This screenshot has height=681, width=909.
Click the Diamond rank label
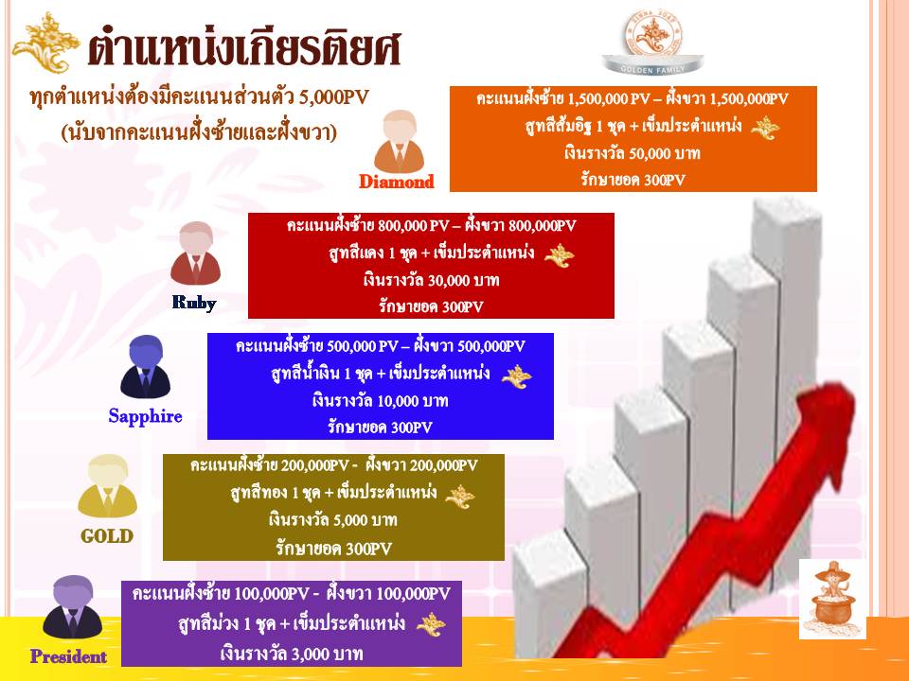tap(397, 182)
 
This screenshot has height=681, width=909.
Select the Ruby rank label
tap(194, 303)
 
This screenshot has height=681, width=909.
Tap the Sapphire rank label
tap(145, 416)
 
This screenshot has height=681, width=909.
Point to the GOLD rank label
tap(107, 536)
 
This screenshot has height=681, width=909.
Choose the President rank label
tap(68, 656)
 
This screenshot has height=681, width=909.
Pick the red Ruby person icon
tap(195, 253)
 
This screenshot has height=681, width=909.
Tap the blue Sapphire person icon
tap(145, 367)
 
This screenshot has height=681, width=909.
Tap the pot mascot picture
tap(832, 599)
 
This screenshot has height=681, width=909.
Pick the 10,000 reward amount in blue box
tap(399, 401)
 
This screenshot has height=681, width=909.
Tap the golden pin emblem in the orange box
tap(765, 128)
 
